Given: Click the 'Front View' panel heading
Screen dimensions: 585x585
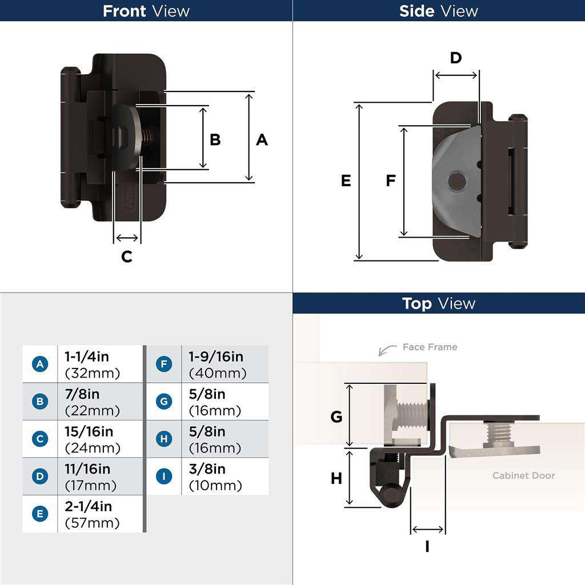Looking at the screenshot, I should [146, 11].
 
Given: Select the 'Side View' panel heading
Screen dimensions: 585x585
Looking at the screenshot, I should [438, 11].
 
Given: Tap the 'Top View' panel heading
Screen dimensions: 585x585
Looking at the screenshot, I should [438, 303].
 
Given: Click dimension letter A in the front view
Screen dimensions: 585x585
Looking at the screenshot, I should [262, 139].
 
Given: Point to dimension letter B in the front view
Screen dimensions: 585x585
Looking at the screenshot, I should [215, 139].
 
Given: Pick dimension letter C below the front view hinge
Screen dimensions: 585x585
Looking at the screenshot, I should [127, 257].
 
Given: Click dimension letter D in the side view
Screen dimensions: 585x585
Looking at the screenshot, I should [455, 58].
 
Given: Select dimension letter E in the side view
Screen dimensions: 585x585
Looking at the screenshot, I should [346, 181].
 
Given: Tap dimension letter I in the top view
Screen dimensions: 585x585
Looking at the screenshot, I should [427, 547].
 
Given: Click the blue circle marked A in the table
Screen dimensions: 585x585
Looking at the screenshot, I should [39, 364].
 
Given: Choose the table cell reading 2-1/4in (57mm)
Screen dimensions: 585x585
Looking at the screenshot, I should [99, 514].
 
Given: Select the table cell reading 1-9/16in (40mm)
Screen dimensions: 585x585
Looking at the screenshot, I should [224, 364].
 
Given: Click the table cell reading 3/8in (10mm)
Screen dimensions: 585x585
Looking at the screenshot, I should [224, 477].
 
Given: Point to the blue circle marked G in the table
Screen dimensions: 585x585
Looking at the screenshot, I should [164, 402].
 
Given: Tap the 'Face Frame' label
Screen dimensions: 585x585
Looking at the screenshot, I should [430, 347].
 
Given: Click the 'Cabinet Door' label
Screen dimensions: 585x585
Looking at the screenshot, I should [523, 475].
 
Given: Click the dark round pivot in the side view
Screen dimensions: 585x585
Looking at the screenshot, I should [456, 182].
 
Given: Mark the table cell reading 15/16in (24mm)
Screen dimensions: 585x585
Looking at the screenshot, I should [99, 439].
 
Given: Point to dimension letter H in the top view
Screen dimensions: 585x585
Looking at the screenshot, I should [336, 478].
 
